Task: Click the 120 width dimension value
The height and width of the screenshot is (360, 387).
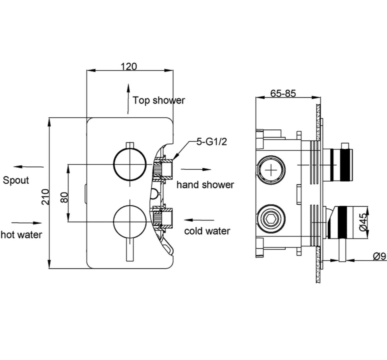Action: pyautogui.click(x=129, y=67)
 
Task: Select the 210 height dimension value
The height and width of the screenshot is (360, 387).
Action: pyautogui.click(x=46, y=196)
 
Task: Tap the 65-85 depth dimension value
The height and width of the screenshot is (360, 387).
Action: pyautogui.click(x=283, y=93)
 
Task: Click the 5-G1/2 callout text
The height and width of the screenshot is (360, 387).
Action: pyautogui.click(x=211, y=142)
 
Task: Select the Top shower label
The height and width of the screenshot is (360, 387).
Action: pyautogui.click(x=159, y=100)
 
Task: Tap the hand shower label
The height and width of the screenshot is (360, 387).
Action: pyautogui.click(x=205, y=185)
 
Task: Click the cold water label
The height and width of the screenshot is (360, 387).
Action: pyautogui.click(x=207, y=231)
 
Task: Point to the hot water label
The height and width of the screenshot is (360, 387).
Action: pyautogui.click(x=21, y=235)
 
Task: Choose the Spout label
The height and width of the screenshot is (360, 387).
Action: pyautogui.click(x=16, y=180)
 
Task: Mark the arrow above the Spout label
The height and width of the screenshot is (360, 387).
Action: pyautogui.click(x=28, y=167)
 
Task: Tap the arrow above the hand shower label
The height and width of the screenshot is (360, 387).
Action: pyautogui.click(x=196, y=169)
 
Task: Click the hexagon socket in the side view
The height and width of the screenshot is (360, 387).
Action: pyautogui.click(x=271, y=219)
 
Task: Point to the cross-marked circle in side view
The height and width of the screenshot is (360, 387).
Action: pyautogui.click(x=272, y=170)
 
